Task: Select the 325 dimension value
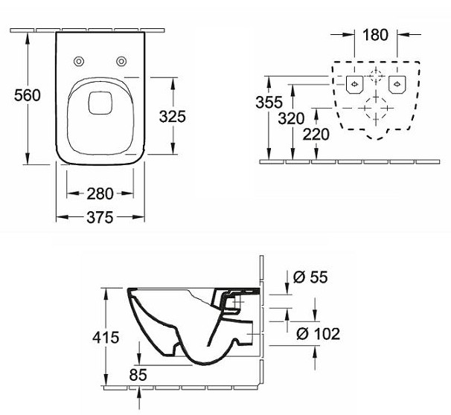[171, 116]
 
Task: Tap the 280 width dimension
[100, 194]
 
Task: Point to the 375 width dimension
[100, 217]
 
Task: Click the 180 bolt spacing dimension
[376, 34]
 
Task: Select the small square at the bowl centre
[99, 102]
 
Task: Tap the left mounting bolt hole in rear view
[355, 83]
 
